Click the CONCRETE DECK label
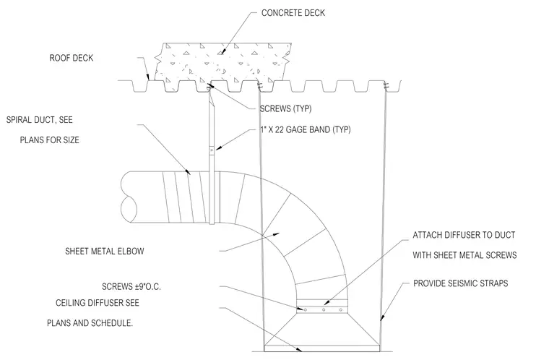tap(293, 13)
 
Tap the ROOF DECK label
tap(72, 58)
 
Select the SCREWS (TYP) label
tap(285, 108)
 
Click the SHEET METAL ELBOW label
tap(105, 251)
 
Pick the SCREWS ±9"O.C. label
tap(131, 287)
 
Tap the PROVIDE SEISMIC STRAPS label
tap(460, 283)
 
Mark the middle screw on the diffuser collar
tap(324, 310)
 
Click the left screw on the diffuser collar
tap(306, 310)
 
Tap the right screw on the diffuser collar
tap(341, 310)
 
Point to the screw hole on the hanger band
tap(212, 150)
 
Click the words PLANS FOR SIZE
tap(49, 140)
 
